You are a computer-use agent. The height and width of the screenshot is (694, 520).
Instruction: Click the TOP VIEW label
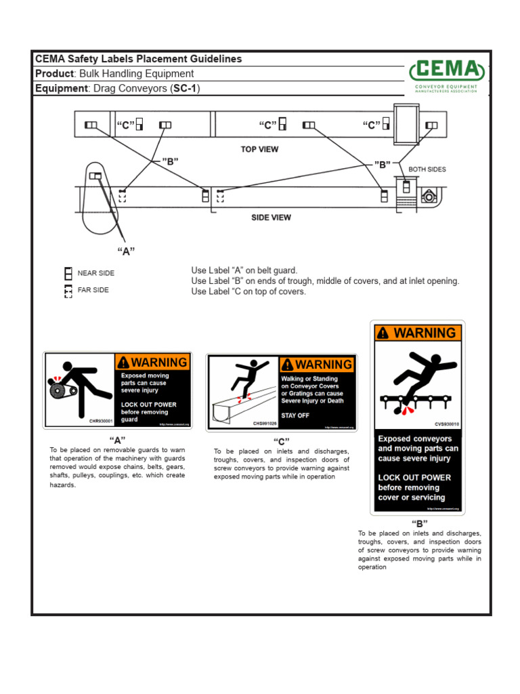click(259, 149)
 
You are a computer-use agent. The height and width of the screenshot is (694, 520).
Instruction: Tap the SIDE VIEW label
click(271, 218)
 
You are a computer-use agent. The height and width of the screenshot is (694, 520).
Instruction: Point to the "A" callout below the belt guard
click(126, 251)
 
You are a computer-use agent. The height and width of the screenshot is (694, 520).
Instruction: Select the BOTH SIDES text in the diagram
click(427, 169)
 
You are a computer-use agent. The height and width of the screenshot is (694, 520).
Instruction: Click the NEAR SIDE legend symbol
click(68, 273)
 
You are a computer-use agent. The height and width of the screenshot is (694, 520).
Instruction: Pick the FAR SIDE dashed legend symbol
click(68, 291)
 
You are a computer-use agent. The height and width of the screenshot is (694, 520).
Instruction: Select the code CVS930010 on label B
click(446, 424)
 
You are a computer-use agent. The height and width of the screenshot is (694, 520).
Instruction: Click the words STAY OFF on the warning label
click(295, 415)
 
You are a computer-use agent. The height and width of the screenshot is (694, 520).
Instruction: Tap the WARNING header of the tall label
click(418, 333)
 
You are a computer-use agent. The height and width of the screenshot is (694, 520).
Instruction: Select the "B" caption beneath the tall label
click(419, 523)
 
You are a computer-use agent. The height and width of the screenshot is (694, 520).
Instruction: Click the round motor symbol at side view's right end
click(427, 197)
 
